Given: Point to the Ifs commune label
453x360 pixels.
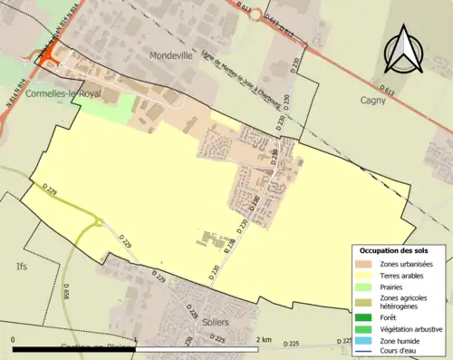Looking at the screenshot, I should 22,267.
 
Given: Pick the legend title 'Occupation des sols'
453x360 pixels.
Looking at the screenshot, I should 394,250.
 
